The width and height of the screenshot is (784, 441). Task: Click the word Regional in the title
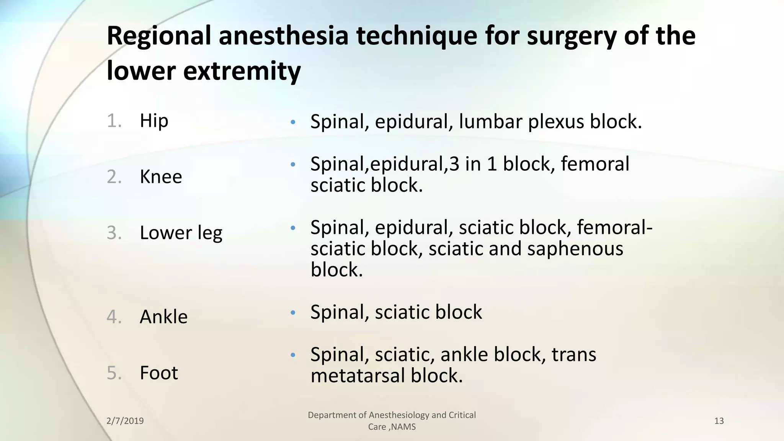158,36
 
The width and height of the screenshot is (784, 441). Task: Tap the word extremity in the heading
242,71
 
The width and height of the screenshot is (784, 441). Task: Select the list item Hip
154,121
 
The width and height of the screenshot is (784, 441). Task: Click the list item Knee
161,177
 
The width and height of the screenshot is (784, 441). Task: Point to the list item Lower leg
181,233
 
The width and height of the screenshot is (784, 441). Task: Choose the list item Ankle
163,317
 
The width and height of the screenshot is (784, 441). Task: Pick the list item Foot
159,373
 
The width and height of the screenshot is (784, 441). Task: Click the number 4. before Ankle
114,317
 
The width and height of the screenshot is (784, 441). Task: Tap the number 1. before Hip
114,121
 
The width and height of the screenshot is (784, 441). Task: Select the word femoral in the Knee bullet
595,164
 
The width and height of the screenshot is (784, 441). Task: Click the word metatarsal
358,376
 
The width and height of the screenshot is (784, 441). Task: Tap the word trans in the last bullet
573,354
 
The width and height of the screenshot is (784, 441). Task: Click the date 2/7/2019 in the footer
125,421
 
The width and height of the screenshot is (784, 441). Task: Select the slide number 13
719,421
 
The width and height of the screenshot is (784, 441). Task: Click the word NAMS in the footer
403,427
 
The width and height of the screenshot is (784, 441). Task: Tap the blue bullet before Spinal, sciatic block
293,313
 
